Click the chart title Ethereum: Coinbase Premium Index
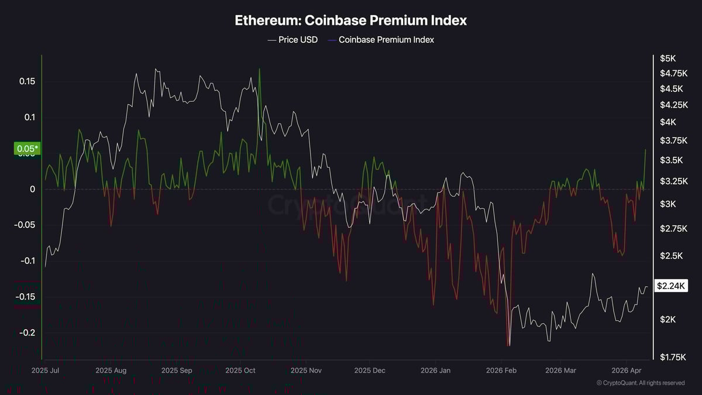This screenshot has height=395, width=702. [350, 20]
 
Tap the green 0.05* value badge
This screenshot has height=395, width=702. [26, 149]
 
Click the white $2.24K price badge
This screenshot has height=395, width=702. [672, 286]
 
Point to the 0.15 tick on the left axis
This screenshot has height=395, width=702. [27, 81]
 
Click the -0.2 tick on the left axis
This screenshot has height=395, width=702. [26, 332]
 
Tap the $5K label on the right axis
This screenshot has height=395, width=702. [667, 59]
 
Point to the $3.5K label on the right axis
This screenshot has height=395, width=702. [670, 160]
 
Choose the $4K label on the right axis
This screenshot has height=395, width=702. [667, 122]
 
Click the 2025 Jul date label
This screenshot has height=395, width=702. [46, 370]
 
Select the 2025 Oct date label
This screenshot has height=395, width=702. [240, 370]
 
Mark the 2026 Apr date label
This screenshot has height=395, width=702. [627, 370]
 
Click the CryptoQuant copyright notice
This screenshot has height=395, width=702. [640, 383]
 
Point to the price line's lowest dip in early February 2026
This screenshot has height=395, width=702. [509, 345]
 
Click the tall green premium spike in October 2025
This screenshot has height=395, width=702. [259, 70]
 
